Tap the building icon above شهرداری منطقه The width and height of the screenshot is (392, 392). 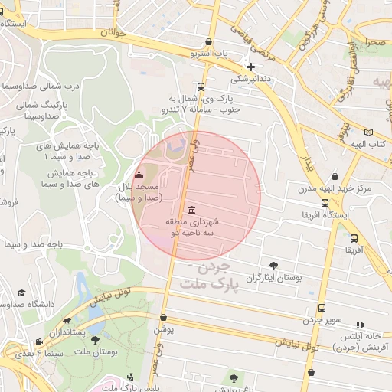(191, 210)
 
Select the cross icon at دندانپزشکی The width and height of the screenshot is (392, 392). (250, 67)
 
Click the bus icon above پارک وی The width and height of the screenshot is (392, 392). (201, 87)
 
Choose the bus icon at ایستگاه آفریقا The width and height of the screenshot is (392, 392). (325, 204)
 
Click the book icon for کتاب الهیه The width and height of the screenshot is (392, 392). (370, 132)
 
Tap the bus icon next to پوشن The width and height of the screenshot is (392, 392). (163, 318)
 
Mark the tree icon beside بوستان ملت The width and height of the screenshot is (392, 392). (96, 340)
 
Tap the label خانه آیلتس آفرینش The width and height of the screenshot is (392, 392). (359, 341)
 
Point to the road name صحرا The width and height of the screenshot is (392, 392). (375, 44)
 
